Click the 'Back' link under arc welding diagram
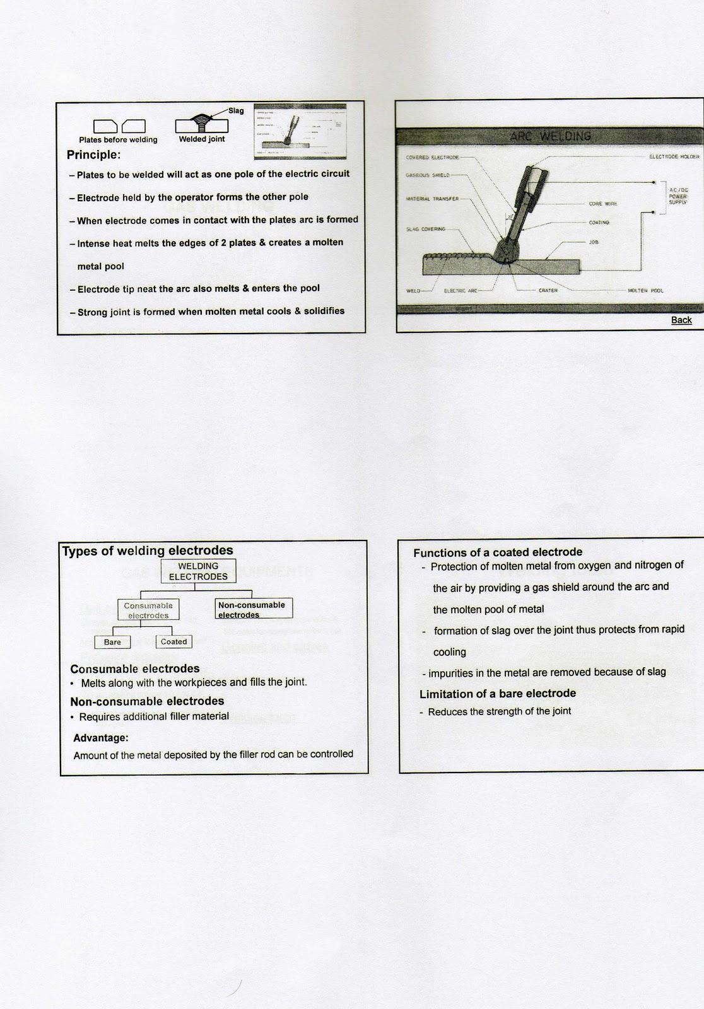tap(681, 320)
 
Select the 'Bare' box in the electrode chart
tap(112, 642)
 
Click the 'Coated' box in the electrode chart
tap(173, 641)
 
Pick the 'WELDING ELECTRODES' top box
tap(198, 571)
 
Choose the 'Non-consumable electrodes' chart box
tap(253, 609)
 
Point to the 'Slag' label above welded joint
tap(236, 111)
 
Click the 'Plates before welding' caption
tap(118, 140)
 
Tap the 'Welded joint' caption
tap(201, 139)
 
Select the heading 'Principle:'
tap(93, 155)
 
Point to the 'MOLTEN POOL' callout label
tap(645, 291)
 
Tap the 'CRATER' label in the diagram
tap(548, 291)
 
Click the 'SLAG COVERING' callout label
tap(426, 229)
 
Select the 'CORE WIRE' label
tap(602, 204)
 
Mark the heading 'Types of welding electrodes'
tap(148, 551)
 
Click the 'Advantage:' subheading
tap(101, 737)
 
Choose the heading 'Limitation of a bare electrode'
tap(497, 694)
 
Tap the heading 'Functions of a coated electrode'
tap(497, 552)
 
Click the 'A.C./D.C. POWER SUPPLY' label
tap(678, 196)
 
